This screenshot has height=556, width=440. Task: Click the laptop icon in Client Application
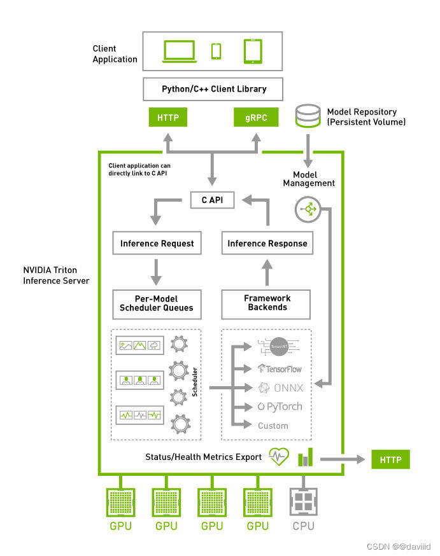click(x=180, y=52)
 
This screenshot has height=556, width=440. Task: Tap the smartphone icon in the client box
click(x=216, y=51)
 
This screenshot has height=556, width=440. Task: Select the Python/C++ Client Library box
click(x=214, y=89)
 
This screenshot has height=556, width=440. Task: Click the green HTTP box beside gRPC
click(x=168, y=118)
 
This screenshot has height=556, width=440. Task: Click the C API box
click(x=213, y=200)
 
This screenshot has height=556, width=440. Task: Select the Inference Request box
click(x=157, y=243)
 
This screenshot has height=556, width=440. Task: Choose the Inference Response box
click(x=267, y=243)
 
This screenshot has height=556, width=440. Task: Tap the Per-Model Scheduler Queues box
click(x=157, y=303)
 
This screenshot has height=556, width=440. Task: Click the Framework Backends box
click(x=267, y=303)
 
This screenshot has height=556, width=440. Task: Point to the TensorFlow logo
click(x=280, y=368)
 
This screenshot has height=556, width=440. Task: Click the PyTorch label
click(x=280, y=407)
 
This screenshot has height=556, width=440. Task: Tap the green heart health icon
click(x=279, y=457)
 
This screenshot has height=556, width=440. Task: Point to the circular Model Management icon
click(x=308, y=209)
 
